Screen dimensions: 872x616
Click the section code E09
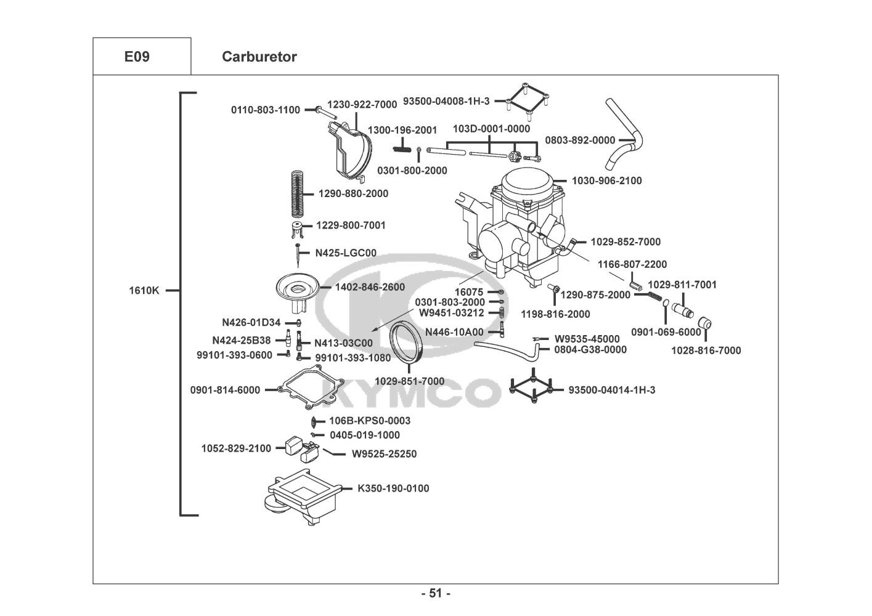[x=137, y=57]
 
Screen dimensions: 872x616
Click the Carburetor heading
[x=259, y=57]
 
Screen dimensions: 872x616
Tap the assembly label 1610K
[x=144, y=291]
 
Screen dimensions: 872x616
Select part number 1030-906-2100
[x=606, y=180]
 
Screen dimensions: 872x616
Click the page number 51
[x=436, y=593]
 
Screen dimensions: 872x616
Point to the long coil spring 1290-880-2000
[x=297, y=193]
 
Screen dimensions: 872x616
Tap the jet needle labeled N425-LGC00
[x=298, y=255]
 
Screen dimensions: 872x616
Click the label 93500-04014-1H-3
[x=611, y=390]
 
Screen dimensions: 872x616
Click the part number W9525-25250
[x=384, y=454]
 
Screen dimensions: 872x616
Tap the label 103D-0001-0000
[x=491, y=129]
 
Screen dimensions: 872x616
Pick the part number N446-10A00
[x=454, y=332]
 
